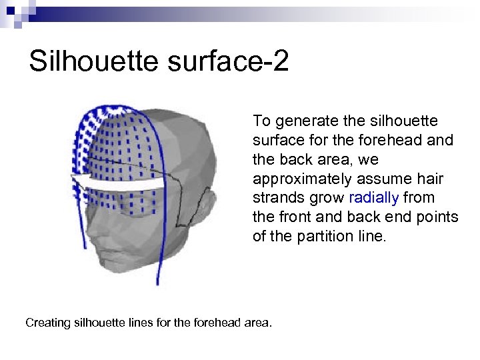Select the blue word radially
click(x=373, y=198)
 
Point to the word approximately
click(x=294, y=179)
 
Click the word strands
click(x=277, y=198)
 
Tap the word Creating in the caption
click(x=48, y=323)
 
